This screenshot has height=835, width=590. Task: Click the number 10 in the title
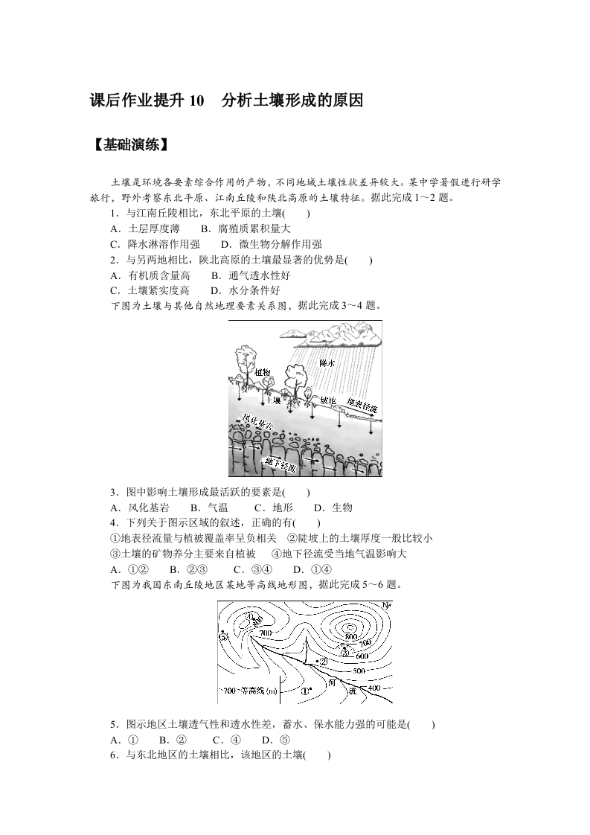click(196, 101)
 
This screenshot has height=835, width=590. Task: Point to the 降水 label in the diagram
click(327, 363)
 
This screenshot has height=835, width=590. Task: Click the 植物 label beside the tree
click(262, 371)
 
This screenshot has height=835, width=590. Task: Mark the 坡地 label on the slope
click(328, 400)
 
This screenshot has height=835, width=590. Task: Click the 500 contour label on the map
click(359, 671)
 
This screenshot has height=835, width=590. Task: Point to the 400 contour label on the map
click(373, 688)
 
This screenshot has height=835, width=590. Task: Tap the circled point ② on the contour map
click(323, 661)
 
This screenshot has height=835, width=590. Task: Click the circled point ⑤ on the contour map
click(223, 638)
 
